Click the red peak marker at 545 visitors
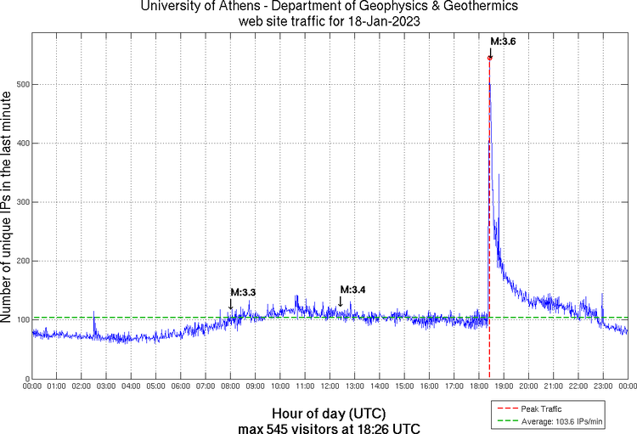click(x=490, y=58)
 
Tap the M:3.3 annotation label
click(x=243, y=292)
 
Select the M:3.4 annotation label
click(x=352, y=290)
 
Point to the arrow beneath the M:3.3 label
click(x=230, y=304)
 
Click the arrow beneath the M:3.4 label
click(x=340, y=301)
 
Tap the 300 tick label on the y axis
click(x=20, y=202)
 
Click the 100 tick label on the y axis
click(x=20, y=320)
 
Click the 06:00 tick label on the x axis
click(x=181, y=386)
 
